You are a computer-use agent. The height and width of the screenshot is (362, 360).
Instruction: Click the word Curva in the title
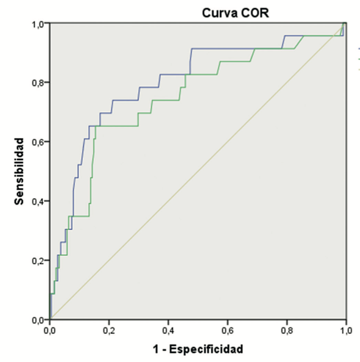tap(219, 13)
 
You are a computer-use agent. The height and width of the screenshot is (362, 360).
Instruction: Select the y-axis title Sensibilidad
tap(19, 171)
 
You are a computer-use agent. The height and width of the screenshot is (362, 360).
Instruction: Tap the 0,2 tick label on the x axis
tap(109, 331)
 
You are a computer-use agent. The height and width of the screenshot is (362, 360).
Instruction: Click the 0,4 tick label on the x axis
tap(168, 331)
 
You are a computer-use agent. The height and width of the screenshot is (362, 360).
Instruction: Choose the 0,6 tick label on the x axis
tap(228, 331)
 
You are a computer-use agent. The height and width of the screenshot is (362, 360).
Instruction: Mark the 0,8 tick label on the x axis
tap(287, 331)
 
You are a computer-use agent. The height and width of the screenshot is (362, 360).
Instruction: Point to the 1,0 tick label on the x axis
tap(346, 331)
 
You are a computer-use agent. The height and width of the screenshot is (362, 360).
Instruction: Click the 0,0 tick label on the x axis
tap(50, 331)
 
